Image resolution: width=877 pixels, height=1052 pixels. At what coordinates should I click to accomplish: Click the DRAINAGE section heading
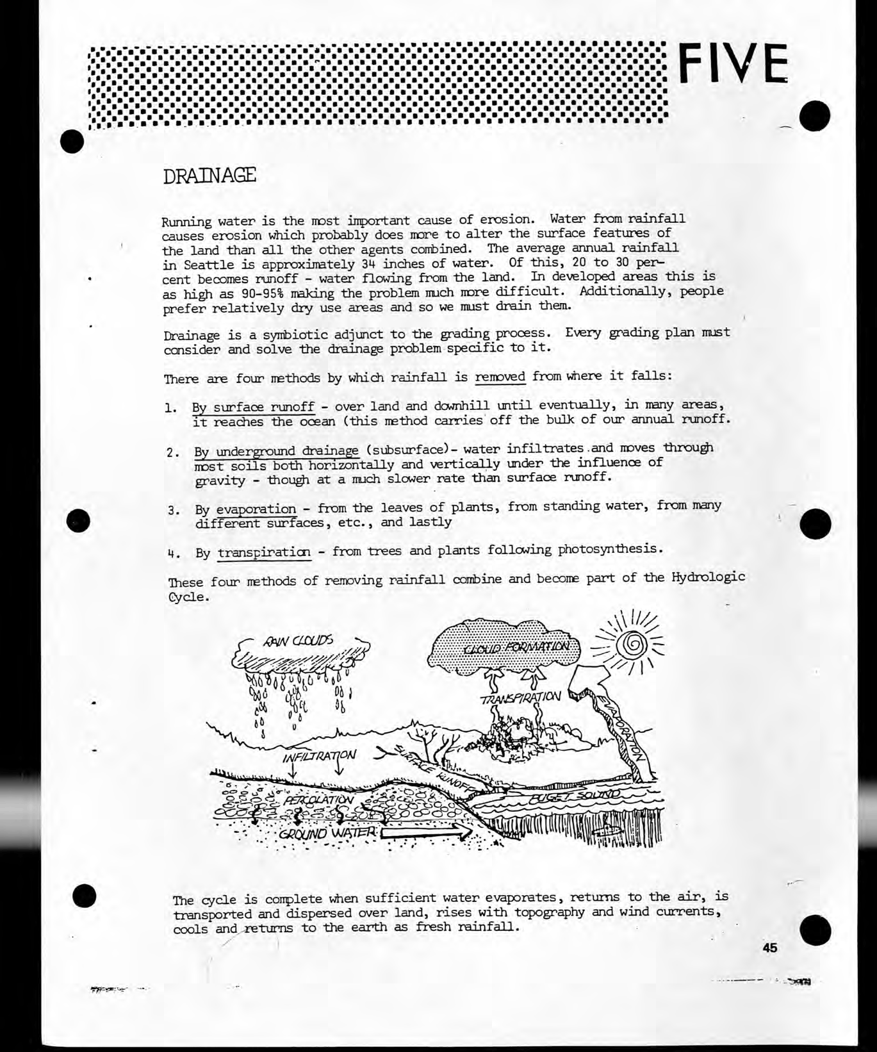(x=209, y=175)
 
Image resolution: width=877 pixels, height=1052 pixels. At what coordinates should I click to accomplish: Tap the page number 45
(x=769, y=948)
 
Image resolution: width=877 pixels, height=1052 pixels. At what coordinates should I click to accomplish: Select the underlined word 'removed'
(x=500, y=376)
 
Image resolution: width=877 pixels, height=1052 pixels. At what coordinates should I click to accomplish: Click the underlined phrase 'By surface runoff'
(x=253, y=407)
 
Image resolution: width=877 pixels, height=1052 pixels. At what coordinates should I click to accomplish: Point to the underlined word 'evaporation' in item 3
(x=256, y=510)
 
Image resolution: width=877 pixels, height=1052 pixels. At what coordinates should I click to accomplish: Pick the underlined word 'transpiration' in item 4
(x=265, y=552)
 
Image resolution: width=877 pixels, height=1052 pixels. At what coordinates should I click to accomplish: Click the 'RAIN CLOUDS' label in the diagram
(x=297, y=641)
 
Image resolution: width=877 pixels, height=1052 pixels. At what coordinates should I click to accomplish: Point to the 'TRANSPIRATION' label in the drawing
(x=521, y=696)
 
